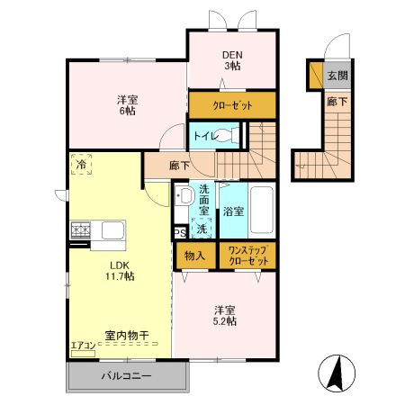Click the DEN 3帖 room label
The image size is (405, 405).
point(232,59)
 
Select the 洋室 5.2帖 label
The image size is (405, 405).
point(225,314)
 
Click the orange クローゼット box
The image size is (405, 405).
point(232,105)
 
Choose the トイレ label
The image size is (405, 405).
point(202,136)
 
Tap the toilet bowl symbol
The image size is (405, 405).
point(229,137)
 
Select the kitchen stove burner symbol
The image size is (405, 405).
point(79,230)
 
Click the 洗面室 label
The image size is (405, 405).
point(204,199)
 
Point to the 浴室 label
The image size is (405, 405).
point(232,211)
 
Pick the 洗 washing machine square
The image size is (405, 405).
point(202,229)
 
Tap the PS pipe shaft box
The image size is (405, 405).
point(179,232)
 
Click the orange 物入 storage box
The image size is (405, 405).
point(195,255)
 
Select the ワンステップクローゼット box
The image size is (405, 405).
point(247,255)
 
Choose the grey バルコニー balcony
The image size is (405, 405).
point(126,376)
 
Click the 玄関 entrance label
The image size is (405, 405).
point(337,76)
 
